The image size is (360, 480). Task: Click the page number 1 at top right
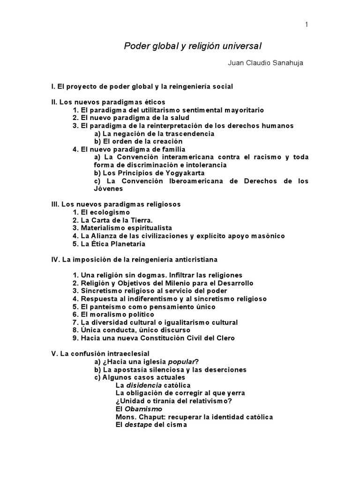click(307, 25)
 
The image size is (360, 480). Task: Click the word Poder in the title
click(135, 46)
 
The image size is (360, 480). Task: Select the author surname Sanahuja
click(287, 63)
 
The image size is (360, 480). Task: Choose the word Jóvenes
click(108, 189)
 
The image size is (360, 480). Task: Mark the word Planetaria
click(126, 244)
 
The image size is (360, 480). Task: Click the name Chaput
click(150, 417)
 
